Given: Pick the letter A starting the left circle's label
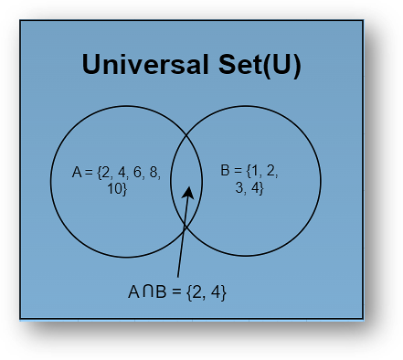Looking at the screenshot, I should (x=76, y=172).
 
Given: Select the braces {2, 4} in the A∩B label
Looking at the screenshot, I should (x=206, y=293).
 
